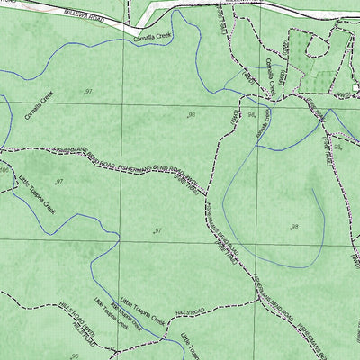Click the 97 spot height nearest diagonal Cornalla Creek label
(87, 93)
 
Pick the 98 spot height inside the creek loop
(293, 227)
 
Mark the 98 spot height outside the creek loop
(193, 115)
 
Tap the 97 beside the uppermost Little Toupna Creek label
(58, 183)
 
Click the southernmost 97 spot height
(157, 231)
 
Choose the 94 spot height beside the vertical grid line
(251, 116)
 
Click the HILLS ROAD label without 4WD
(191, 310)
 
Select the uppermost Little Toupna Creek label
(36, 193)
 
